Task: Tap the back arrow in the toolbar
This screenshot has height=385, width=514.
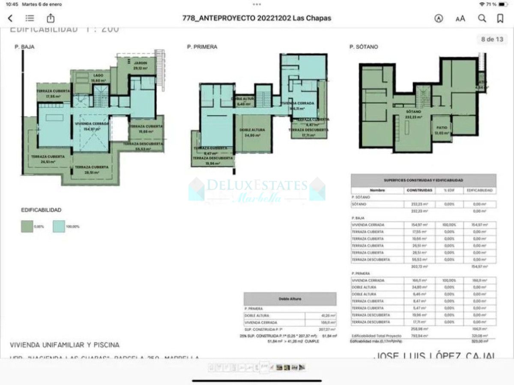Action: [x=10, y=18]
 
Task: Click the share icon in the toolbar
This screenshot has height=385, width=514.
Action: [x=51, y=18]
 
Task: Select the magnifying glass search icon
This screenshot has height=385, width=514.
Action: [x=482, y=18]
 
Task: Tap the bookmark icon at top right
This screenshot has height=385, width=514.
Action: [x=500, y=18]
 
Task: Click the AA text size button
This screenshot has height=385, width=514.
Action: [x=460, y=18]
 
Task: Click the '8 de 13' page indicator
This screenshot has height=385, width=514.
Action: [x=491, y=39]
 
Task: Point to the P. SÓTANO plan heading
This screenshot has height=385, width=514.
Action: [x=364, y=47]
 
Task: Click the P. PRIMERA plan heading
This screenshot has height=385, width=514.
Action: [x=202, y=47]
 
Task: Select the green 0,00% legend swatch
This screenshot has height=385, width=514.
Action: [x=27, y=226]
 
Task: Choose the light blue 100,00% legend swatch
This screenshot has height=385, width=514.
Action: [x=59, y=226]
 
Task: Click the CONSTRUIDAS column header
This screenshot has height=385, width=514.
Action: [x=419, y=190]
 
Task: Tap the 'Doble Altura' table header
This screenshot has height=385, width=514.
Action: [x=290, y=299]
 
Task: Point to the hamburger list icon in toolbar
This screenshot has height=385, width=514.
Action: [x=30, y=18]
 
